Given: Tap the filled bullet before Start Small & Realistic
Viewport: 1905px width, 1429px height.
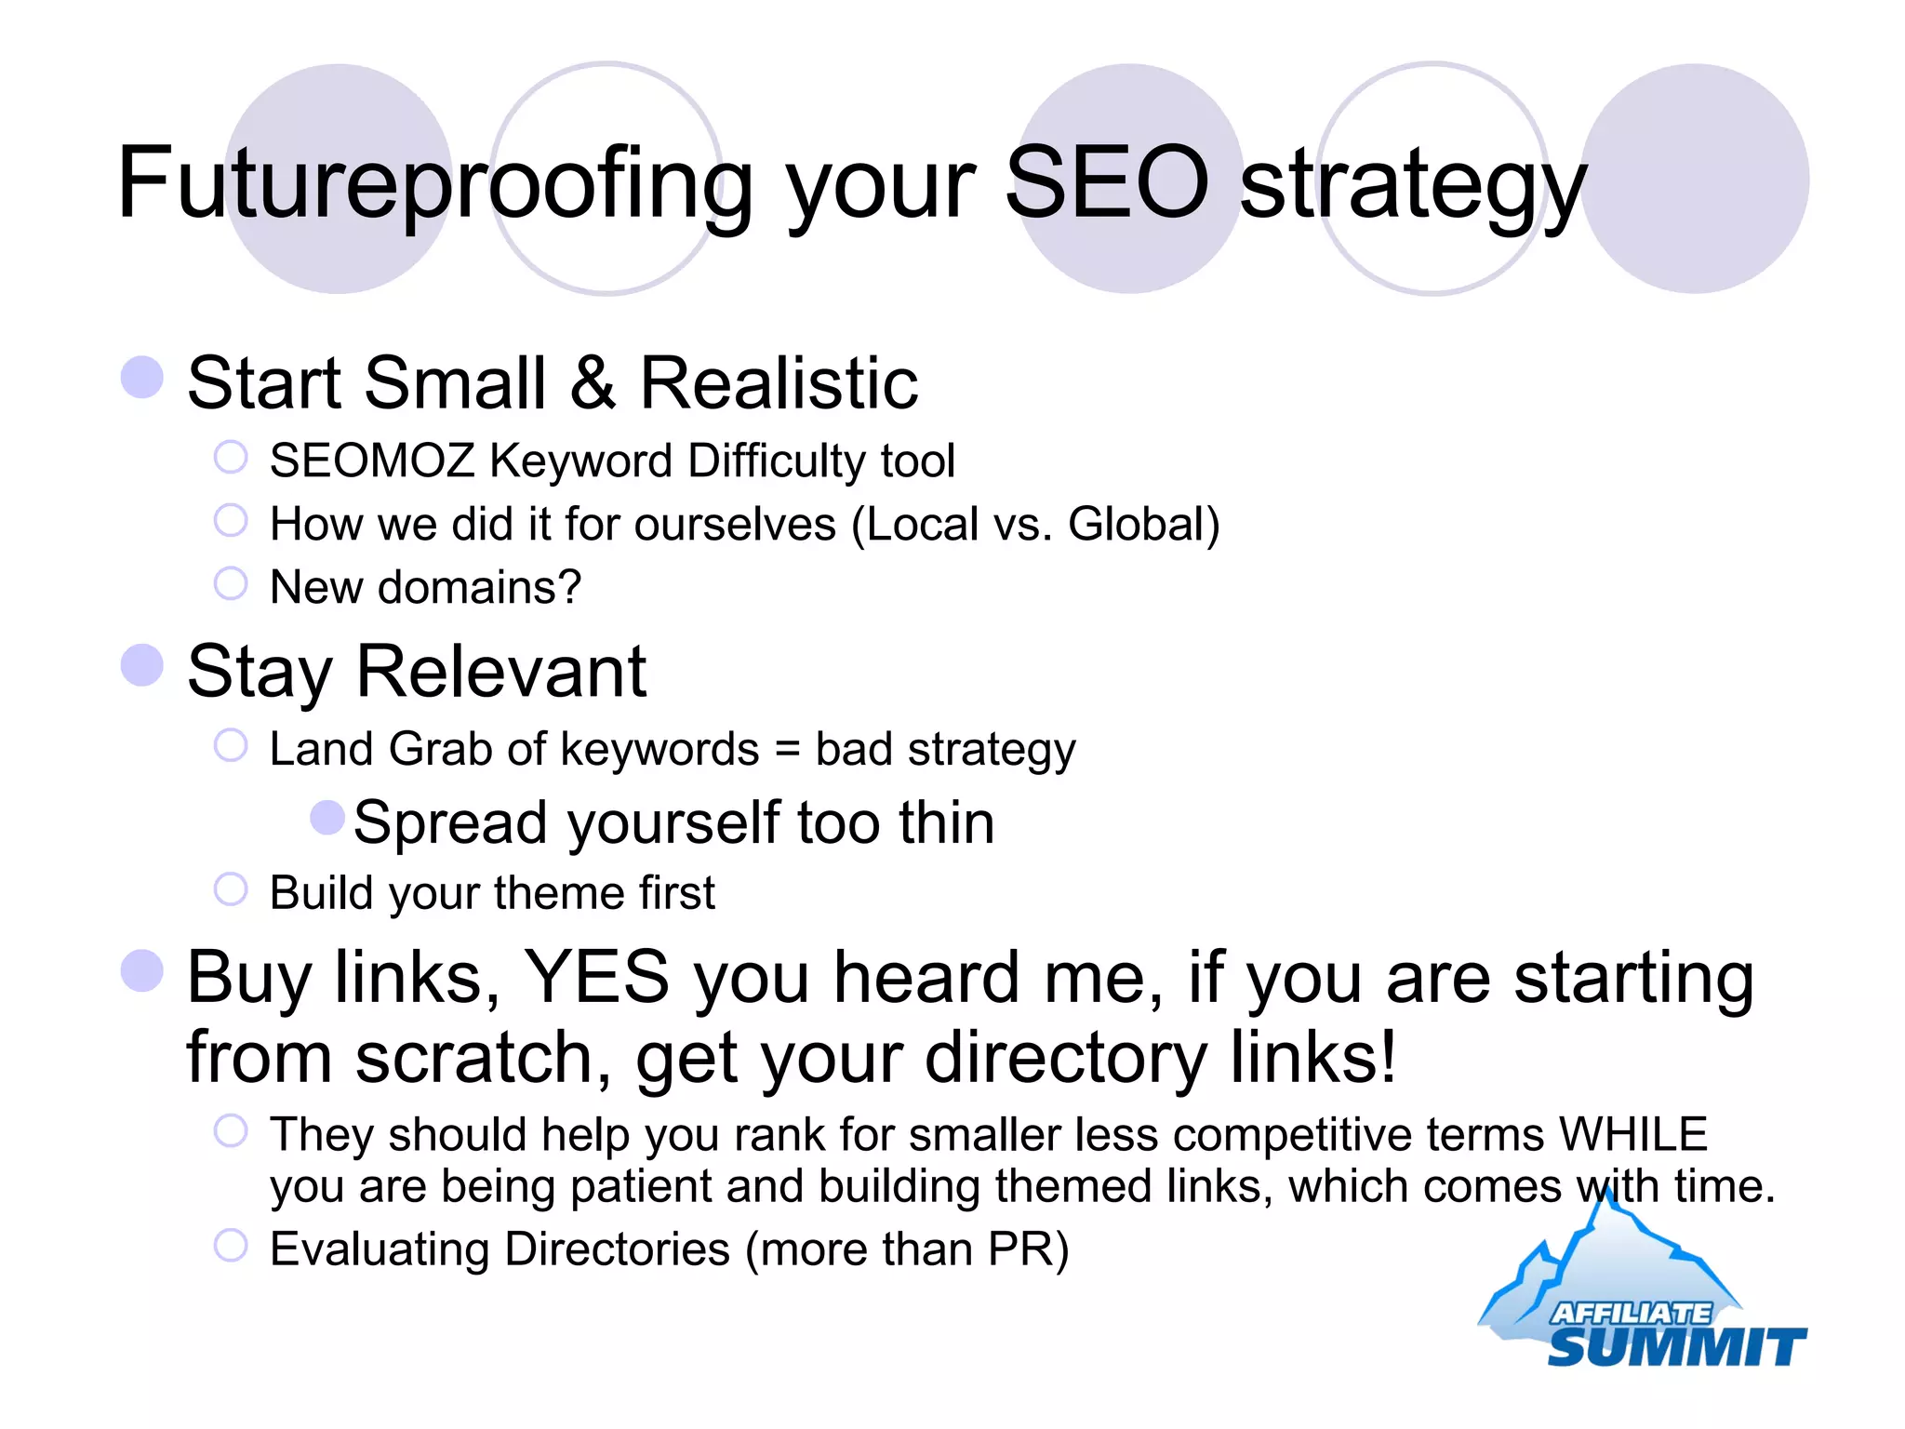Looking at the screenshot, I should pyautogui.click(x=142, y=378).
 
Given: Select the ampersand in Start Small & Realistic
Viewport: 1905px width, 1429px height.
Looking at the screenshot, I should pyautogui.click(x=593, y=383).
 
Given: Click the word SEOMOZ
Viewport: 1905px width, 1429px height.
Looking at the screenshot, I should pyautogui.click(x=372, y=461).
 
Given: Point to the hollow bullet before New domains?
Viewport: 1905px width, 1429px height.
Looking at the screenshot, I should pyautogui.click(x=231, y=584).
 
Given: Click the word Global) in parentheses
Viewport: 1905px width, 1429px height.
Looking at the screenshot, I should pyautogui.click(x=1143, y=525).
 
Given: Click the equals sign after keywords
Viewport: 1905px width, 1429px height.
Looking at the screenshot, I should pyautogui.click(x=787, y=750).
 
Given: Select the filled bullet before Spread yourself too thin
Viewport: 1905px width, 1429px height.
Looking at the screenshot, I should pyautogui.click(x=327, y=819).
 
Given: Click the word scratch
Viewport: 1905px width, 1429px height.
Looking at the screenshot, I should pyautogui.click(x=483, y=1058).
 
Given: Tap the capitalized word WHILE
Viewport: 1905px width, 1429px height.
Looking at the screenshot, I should pyautogui.click(x=1633, y=1135).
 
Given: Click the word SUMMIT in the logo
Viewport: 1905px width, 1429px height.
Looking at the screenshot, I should pyautogui.click(x=1676, y=1347).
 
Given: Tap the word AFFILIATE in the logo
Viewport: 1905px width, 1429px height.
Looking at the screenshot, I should pyautogui.click(x=1630, y=1313).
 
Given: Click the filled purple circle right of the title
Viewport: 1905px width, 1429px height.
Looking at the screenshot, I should pyautogui.click(x=1695, y=179).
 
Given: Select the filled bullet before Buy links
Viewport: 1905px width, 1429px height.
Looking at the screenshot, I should pyautogui.click(x=142, y=970).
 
